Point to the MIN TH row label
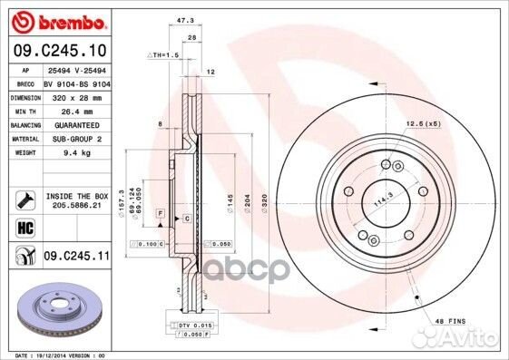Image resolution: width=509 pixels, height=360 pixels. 23,110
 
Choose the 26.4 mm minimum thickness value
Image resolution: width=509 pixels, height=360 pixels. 64,110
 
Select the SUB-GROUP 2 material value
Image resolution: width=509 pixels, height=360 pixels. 71,139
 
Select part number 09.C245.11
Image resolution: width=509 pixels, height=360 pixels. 76,258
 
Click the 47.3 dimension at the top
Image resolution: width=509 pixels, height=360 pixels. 188,18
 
